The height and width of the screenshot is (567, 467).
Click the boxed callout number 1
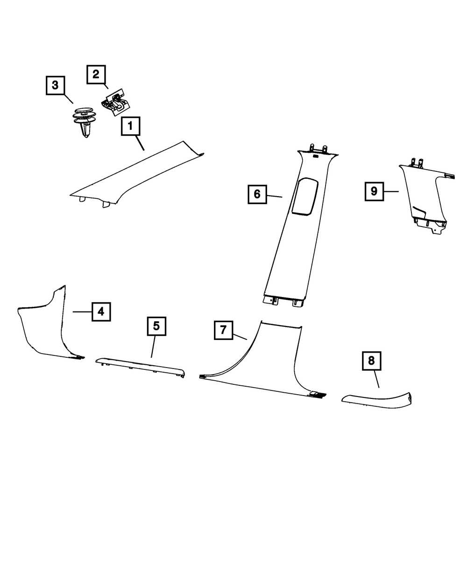pos(131,126)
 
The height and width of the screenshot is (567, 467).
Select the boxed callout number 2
pos(96,74)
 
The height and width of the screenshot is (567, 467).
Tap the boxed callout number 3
pos(55,85)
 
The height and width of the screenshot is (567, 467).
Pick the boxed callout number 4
pos(101,311)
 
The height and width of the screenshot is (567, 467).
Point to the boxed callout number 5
pos(156,326)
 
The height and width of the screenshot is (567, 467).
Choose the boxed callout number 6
pos(257,194)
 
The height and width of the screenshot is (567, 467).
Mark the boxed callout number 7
pos(224,330)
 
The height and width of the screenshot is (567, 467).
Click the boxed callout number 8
pos(371,361)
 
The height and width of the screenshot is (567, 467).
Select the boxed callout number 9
pos(374,191)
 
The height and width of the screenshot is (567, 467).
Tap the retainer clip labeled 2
pos(114,101)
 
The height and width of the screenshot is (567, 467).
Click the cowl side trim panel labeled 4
pos(44,327)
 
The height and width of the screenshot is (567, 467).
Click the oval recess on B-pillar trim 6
pos(304,196)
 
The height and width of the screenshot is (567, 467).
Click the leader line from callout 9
pos(391,191)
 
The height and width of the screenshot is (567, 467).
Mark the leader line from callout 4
pos(82,311)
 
